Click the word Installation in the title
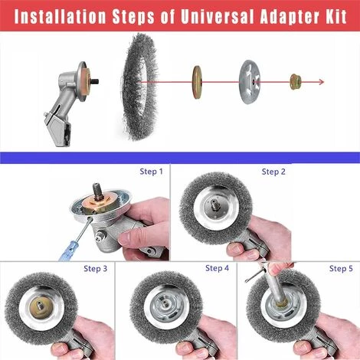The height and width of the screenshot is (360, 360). point(61,16)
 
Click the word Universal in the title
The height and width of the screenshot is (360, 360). point(217,16)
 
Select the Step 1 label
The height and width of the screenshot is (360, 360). point(151,172)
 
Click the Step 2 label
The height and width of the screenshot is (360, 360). point(273,172)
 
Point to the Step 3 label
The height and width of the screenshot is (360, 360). point(96,269)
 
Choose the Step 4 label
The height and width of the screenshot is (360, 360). point(218,268)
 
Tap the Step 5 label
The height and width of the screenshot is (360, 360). point(341,269)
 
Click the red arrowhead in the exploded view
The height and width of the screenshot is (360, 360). point(322,82)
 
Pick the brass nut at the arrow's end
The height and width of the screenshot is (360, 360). point(296,82)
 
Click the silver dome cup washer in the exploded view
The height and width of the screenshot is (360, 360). point(250,82)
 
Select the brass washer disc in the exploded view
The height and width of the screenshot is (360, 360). point(197,82)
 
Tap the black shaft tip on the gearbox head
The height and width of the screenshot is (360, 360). point(95,82)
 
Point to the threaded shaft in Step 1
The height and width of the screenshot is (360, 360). point(99,191)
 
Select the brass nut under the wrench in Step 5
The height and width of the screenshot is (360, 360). point(281,303)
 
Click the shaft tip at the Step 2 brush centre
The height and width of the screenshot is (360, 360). point(214,205)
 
